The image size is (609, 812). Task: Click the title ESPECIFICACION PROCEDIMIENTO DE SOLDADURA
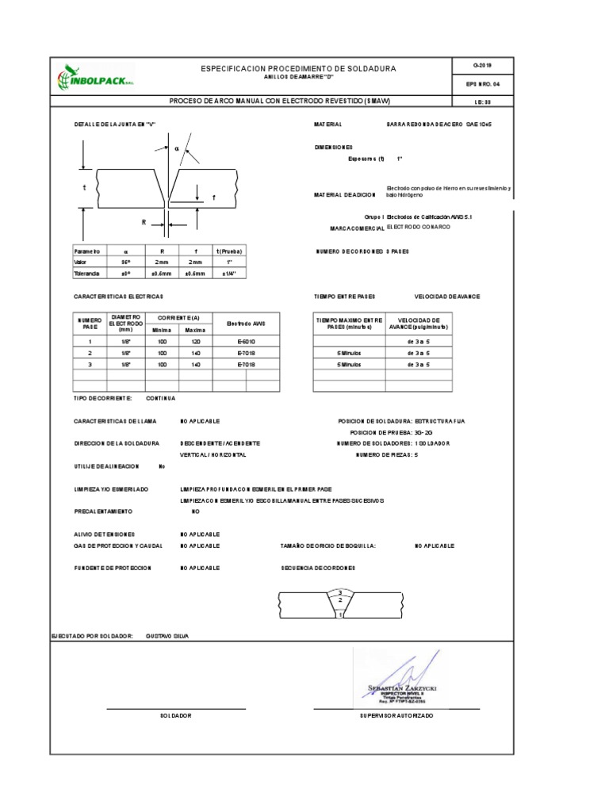[299, 70]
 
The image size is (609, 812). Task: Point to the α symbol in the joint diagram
[176, 148]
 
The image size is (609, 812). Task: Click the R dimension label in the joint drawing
[144, 223]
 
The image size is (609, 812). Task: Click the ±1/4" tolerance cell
[230, 274]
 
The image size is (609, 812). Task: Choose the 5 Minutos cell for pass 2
[349, 352]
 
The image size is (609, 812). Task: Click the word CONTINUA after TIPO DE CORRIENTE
[161, 398]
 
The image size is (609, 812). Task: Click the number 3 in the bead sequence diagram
[340, 592]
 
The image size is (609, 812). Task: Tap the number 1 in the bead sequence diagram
[340, 615]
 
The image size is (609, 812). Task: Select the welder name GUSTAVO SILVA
[168, 636]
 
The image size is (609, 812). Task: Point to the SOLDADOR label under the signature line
[176, 715]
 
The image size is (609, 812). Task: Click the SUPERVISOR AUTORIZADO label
[396, 715]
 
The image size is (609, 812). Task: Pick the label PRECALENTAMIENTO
[103, 511]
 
